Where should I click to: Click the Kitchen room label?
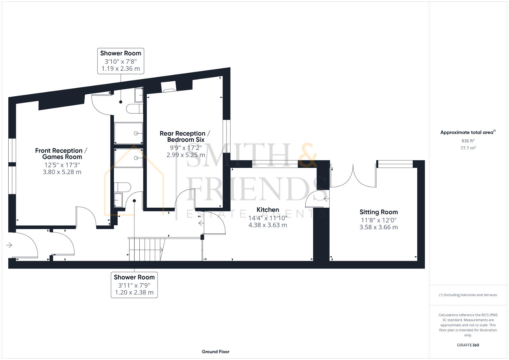268,210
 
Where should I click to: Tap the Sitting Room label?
378,212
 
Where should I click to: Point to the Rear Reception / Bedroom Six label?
185,136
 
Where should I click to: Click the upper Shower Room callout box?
121,61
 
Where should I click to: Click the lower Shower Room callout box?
134,285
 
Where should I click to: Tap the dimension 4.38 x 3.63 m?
268,225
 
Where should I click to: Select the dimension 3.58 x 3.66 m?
378,227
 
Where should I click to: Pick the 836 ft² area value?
468,141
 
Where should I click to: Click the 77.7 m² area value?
468,148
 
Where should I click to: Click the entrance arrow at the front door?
9,245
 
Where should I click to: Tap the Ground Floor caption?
215,352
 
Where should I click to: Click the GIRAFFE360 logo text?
468,345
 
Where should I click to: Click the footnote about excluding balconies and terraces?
468,295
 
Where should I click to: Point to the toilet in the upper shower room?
134,108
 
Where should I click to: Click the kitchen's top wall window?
275,164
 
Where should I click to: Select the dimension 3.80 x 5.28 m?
62,172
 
